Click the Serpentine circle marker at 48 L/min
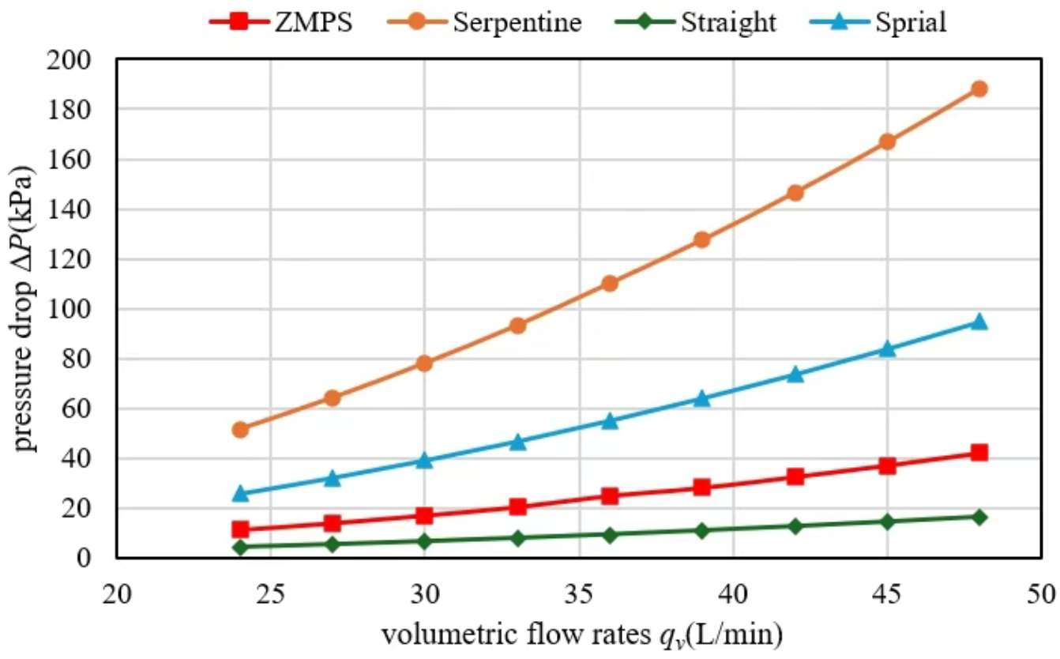979,88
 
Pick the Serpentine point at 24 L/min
240,430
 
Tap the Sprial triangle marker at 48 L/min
979,322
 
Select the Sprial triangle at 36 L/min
610,420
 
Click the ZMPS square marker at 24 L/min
240,529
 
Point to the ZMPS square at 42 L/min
795,477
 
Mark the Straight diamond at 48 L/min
979,517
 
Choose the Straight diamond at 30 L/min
425,541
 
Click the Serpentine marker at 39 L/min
702,240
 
